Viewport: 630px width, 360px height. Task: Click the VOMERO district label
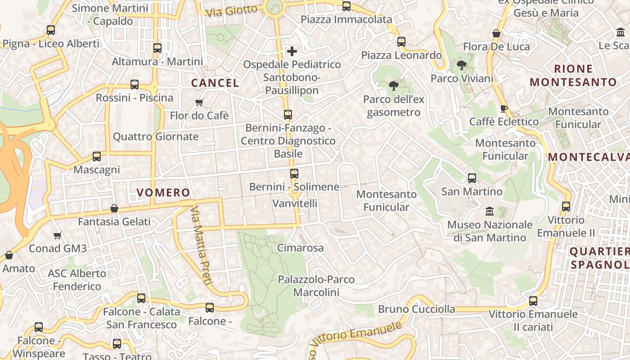pyautogui.click(x=163, y=193)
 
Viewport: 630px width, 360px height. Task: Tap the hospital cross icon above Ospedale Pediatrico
pyautogui.click(x=292, y=51)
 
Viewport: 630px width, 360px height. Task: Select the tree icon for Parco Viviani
pyautogui.click(x=461, y=65)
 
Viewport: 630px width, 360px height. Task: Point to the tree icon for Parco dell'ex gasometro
pyautogui.click(x=393, y=86)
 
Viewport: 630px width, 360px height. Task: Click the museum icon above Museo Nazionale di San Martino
pyautogui.click(x=490, y=211)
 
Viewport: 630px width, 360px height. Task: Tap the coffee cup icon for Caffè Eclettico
pyautogui.click(x=504, y=108)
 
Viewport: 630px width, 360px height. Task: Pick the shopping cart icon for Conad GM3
pyautogui.click(x=57, y=235)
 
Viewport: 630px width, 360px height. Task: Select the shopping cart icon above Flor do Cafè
pyautogui.click(x=199, y=102)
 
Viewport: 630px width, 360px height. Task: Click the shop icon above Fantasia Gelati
pyautogui.click(x=114, y=208)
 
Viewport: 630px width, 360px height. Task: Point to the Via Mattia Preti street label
pyautogui.click(x=201, y=246)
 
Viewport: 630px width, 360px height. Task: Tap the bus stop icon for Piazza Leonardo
pyautogui.click(x=401, y=42)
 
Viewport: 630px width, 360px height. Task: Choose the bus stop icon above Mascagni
pyautogui.click(x=97, y=157)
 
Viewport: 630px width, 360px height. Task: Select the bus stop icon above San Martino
pyautogui.click(x=472, y=178)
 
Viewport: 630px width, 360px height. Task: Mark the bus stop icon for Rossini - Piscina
pyautogui.click(x=135, y=85)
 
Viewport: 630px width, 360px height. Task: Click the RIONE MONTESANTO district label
pyautogui.click(x=573, y=76)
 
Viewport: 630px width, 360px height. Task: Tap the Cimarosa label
pyautogui.click(x=300, y=247)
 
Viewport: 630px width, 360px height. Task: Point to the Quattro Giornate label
pyautogui.click(x=156, y=136)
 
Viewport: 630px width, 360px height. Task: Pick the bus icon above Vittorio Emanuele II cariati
pyautogui.click(x=533, y=301)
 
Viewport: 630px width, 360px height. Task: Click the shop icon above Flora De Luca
pyautogui.click(x=496, y=33)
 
